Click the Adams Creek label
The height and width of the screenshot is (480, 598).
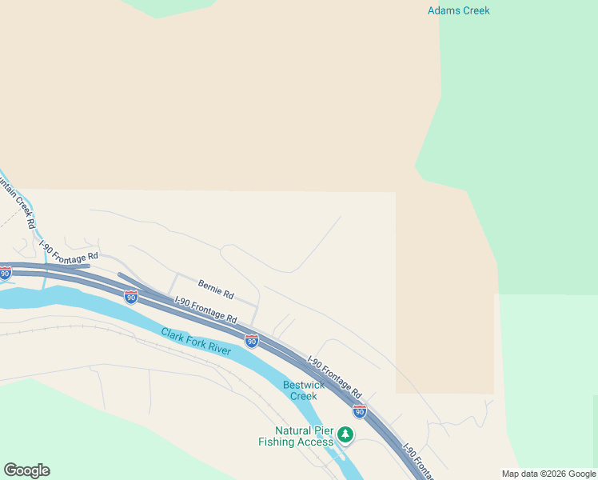coord(458,10)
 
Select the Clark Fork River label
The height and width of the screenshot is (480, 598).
coord(196,342)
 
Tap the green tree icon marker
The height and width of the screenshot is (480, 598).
coord(345,434)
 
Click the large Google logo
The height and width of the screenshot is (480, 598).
coord(26,470)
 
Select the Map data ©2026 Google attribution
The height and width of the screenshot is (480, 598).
coord(548,474)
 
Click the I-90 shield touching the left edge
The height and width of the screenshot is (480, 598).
coord(5,273)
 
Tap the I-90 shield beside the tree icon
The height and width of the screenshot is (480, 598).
coord(360,411)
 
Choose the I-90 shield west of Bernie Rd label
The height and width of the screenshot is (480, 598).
coord(130,297)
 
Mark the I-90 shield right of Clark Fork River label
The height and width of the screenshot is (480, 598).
coord(251,342)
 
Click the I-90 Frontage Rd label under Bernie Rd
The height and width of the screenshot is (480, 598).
coord(205,309)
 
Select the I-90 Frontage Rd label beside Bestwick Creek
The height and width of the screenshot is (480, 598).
coord(335,378)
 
